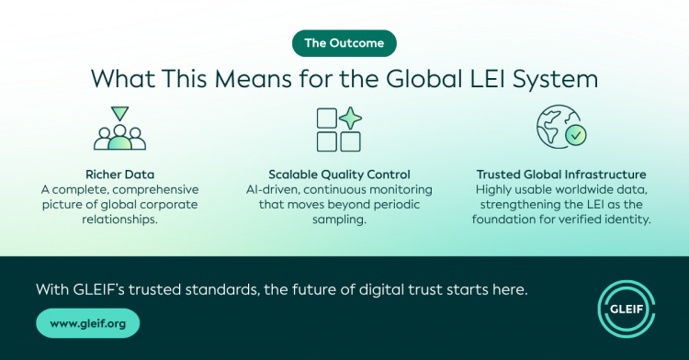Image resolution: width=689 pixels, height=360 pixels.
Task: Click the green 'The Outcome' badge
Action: [x=344, y=43]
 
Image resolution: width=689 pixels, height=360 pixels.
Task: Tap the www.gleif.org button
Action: [x=88, y=323]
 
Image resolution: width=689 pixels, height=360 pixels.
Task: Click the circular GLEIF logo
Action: [x=627, y=309]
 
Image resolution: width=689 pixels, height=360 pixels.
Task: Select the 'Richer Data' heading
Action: [x=120, y=174]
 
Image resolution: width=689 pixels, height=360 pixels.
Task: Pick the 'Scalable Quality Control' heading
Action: [x=339, y=174]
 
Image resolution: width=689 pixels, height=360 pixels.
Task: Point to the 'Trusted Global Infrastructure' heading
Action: [x=561, y=174]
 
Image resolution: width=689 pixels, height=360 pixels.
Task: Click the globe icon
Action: [x=558, y=127]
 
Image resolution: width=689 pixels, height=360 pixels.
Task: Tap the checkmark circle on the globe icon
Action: [x=576, y=135]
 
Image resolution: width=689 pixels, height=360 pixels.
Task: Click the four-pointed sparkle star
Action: [x=350, y=118]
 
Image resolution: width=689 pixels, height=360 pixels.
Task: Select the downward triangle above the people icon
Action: [x=119, y=113]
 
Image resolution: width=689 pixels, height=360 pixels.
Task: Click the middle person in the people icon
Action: [x=119, y=138]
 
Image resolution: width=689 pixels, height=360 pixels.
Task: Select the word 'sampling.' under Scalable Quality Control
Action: [x=339, y=219]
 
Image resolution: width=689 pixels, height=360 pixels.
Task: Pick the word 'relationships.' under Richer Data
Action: [x=120, y=219]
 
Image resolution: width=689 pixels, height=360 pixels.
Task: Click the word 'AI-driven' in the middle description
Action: [x=273, y=190]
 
